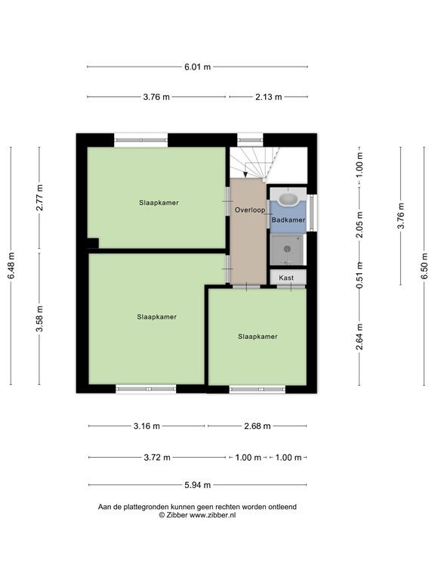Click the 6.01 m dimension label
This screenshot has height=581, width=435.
click(x=198, y=67)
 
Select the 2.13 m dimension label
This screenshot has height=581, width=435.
click(x=269, y=97)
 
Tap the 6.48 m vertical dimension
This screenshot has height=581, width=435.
click(x=11, y=266)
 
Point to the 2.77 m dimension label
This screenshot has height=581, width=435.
click(x=39, y=197)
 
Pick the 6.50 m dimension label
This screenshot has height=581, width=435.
click(x=424, y=266)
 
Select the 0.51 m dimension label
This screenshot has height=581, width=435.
click(x=359, y=275)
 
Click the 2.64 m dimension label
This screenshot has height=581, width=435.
click(x=359, y=337)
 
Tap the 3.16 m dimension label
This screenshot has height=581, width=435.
click(x=147, y=426)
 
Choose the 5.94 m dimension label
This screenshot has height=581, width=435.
click(x=198, y=485)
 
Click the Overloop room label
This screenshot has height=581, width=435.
click(x=250, y=210)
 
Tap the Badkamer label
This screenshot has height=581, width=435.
click(x=288, y=219)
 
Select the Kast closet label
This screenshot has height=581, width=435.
click(x=286, y=278)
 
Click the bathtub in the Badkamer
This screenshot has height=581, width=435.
click(x=288, y=199)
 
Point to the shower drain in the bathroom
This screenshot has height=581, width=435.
click(x=287, y=249)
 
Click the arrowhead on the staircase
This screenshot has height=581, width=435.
click(x=244, y=174)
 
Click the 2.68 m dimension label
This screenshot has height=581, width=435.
click(x=258, y=426)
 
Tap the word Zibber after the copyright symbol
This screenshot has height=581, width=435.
click(x=177, y=515)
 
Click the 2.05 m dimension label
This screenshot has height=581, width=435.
click(x=359, y=225)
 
